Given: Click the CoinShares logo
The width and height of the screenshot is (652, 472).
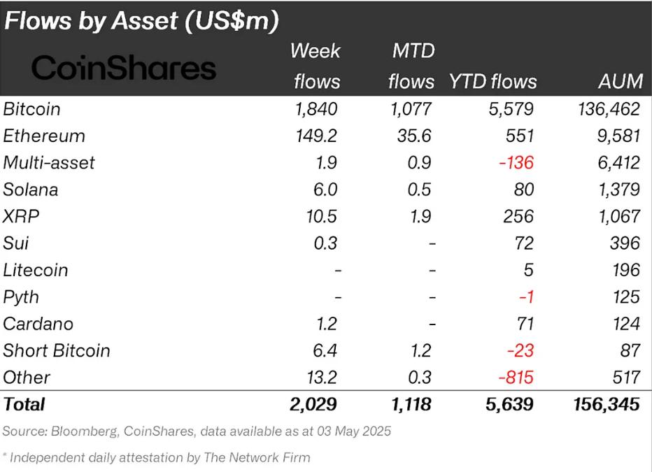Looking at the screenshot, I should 124,69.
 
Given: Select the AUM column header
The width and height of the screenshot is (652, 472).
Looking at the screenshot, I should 621,82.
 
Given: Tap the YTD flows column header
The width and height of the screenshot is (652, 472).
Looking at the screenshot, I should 492,82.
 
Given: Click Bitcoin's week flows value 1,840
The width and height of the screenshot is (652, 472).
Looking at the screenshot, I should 316,109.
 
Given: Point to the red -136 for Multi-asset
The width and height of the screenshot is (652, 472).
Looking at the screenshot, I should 518,163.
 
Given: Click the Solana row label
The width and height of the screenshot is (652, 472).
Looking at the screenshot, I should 31,189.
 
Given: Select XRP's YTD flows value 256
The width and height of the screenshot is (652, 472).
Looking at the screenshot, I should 519,216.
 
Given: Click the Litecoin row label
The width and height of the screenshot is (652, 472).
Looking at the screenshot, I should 36,270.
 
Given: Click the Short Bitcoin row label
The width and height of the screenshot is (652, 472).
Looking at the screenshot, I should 57,350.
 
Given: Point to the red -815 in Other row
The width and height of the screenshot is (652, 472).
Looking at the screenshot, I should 516,378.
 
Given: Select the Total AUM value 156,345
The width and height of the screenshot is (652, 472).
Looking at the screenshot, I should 606,404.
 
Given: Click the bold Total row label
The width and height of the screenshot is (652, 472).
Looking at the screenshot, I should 24,404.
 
